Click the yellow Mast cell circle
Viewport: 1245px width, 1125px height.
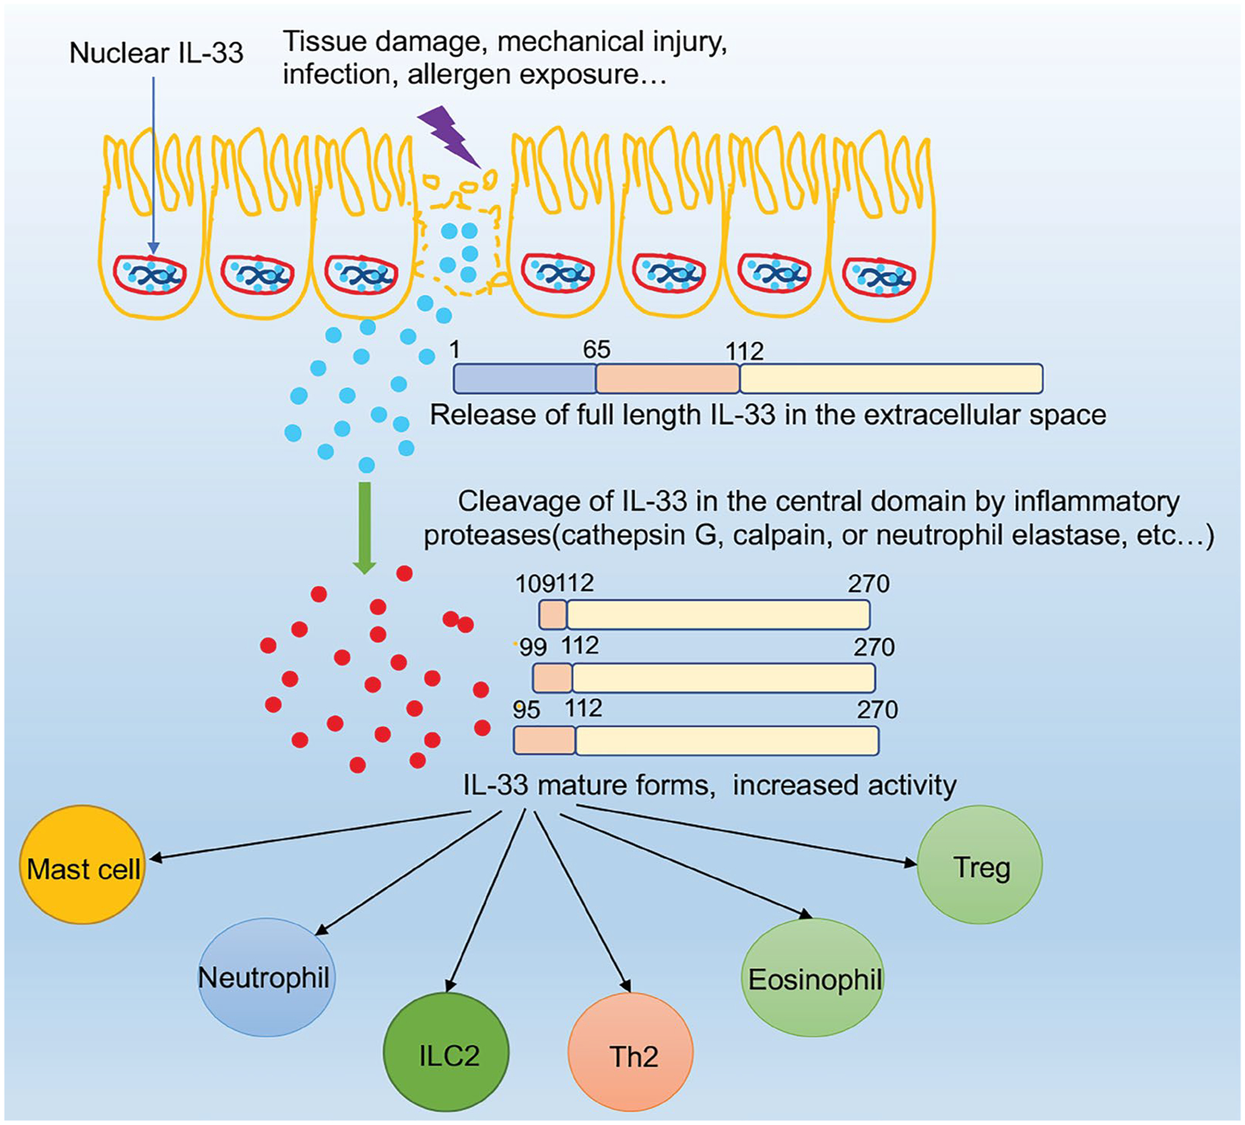coord(82,864)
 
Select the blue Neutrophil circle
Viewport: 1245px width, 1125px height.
coord(266,977)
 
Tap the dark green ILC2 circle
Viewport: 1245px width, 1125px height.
coord(446,1052)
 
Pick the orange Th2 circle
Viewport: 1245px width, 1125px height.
coord(630,1052)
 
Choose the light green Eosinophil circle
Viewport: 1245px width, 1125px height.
coord(813,977)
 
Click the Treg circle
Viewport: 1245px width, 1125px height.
coord(979,864)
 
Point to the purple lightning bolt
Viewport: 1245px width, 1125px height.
coord(450,137)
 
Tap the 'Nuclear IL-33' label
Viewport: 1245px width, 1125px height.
coord(156,53)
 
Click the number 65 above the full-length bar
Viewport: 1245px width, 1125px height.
coord(596,350)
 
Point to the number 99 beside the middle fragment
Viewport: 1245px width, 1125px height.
coord(533,647)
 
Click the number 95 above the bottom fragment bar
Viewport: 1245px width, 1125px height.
coord(526,710)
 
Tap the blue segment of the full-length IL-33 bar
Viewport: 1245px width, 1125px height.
coord(525,379)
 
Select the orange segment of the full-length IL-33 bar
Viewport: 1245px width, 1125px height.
coord(668,379)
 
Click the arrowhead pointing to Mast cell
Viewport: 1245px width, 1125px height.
coord(156,857)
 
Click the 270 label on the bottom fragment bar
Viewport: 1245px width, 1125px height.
coord(877,710)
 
